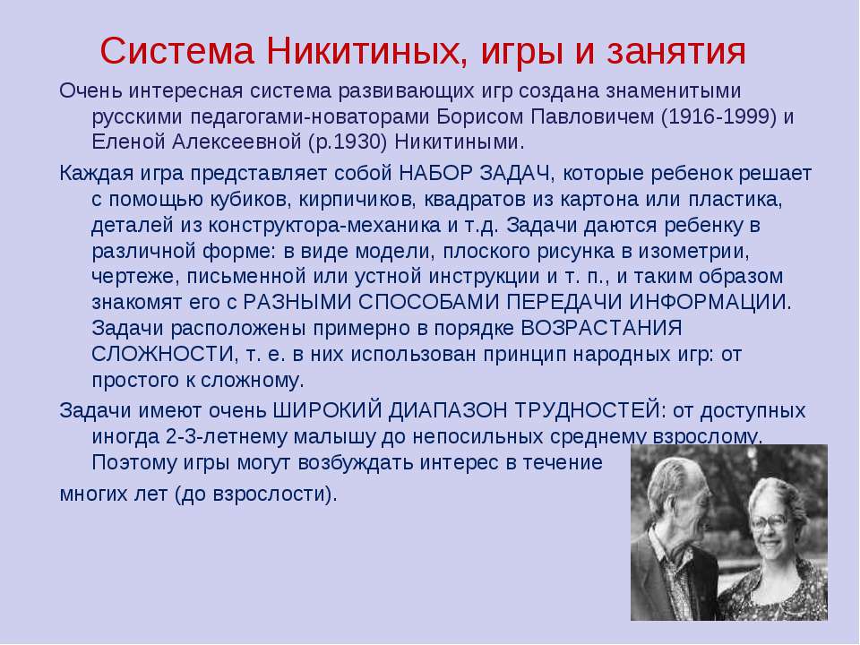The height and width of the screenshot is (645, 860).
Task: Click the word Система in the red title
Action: click(x=176, y=52)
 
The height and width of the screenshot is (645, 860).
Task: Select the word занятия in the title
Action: click(x=676, y=53)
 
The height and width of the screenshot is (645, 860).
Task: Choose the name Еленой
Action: click(x=128, y=142)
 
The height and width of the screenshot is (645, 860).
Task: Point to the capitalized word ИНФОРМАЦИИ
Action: click(x=710, y=302)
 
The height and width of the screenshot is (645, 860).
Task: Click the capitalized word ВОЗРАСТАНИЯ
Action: click(x=601, y=328)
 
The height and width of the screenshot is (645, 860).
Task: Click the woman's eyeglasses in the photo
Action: click(x=770, y=520)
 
